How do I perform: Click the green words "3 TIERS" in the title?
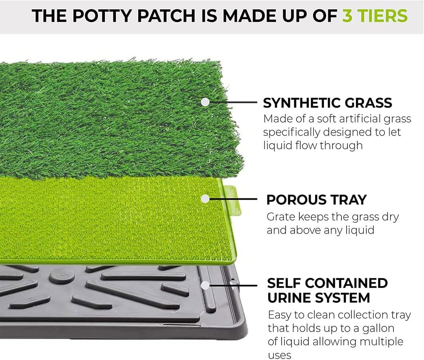click(375, 16)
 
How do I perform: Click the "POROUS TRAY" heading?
click(316, 200)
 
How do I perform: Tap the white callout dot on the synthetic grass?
click(205, 102)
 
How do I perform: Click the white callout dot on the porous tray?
click(205, 198)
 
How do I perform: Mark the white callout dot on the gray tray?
click(205, 285)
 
